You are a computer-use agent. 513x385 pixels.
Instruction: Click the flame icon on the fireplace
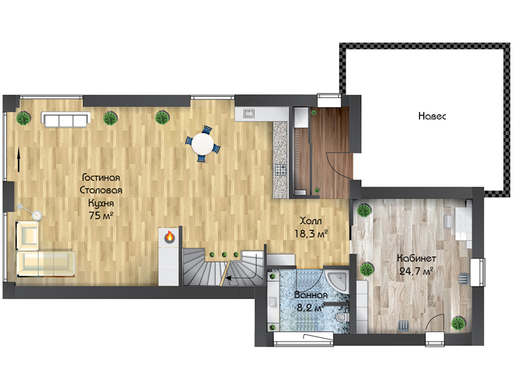pos(169,236)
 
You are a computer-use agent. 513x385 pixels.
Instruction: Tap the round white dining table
pos(203,144)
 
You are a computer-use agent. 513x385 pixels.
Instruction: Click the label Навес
pos(432,116)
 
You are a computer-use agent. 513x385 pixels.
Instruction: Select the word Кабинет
pos(416,259)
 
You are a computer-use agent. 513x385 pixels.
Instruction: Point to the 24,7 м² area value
pos(416,271)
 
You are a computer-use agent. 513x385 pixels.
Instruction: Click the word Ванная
pos(310,295)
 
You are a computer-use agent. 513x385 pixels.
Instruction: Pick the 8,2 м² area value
pos(310,308)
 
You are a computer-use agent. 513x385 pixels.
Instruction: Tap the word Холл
pos(311,221)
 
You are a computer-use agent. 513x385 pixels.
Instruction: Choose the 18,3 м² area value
pos(311,234)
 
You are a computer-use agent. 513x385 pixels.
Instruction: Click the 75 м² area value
pos(101,216)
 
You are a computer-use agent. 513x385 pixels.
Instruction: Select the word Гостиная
pos(101,178)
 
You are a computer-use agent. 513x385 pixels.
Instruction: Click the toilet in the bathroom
pos(342,317)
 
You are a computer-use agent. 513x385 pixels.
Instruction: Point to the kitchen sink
pos(249,114)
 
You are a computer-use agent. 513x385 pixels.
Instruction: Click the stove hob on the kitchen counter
pos(280,169)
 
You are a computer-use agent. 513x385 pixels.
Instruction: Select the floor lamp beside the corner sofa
pos(30,212)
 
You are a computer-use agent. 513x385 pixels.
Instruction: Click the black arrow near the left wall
pos(19,159)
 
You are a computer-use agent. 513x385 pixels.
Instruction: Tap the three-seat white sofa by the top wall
pos(66,120)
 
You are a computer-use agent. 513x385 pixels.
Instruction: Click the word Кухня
pos(101,203)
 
